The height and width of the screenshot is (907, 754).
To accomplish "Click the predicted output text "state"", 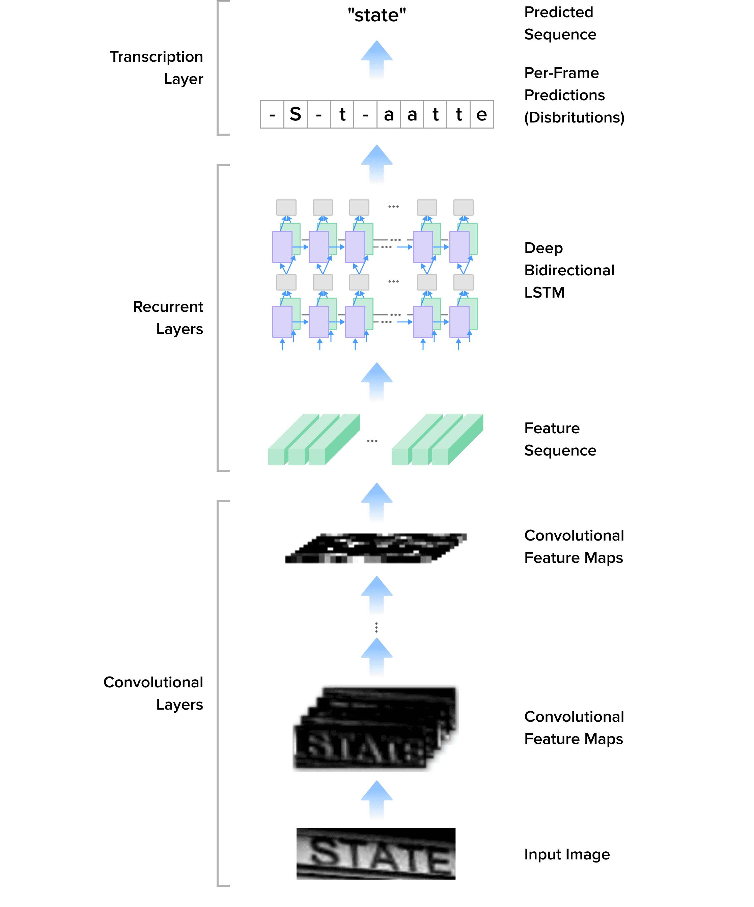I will pos(376,16).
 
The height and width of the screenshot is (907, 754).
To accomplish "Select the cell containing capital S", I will pos(296,114).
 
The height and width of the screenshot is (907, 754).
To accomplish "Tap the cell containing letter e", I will pos(481,114).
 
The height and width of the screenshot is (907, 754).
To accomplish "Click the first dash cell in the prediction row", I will pos(272,114).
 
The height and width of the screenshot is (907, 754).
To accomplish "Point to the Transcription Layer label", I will pos(156,68).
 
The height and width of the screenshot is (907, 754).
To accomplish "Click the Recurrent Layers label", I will pos(168,318).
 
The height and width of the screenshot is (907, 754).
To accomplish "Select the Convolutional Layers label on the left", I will pos(153,693).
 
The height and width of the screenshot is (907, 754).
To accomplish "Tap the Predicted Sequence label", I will pos(560,23).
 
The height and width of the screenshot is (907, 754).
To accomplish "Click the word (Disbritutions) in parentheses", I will pos(574,117).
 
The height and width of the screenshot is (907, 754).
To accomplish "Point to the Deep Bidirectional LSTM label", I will pos(569,270).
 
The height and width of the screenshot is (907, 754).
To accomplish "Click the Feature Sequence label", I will pos(560,439).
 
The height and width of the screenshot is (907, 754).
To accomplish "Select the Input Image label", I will pos(566,854).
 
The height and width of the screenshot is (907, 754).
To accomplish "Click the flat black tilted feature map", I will pos(376,548).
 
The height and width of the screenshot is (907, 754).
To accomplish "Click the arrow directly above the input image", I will pos(376,799).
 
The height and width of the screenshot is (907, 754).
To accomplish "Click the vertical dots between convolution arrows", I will pos(376,628).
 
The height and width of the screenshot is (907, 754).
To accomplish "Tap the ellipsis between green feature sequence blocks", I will pos(372,441).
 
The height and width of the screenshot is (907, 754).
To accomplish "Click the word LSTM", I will pos(544,293).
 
